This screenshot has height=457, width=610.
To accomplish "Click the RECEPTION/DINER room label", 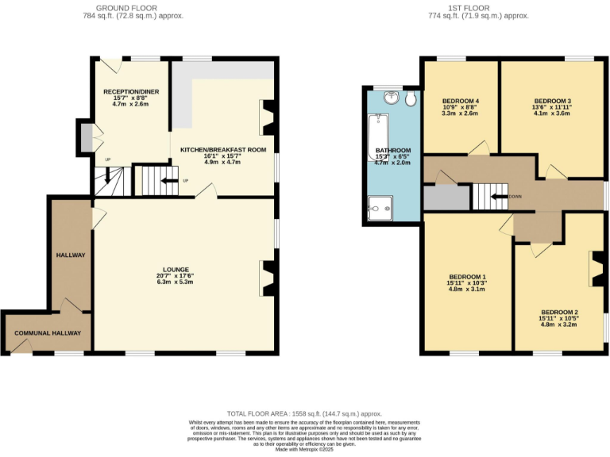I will pyautogui.click(x=131, y=92).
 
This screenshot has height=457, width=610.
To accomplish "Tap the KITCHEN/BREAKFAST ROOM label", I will pyautogui.click(x=222, y=149).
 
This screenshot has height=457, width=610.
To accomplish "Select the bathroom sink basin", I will pyautogui.click(x=391, y=98).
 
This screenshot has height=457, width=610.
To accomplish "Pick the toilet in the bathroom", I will pyautogui.click(x=410, y=99).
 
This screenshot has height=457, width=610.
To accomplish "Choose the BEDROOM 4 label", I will pyautogui.click(x=460, y=101).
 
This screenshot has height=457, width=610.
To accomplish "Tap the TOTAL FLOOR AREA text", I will pyautogui.click(x=304, y=413).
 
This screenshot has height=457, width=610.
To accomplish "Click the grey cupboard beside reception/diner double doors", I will pyautogui.click(x=85, y=136).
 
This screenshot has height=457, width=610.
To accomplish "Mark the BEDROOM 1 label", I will pyautogui.click(x=467, y=276).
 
